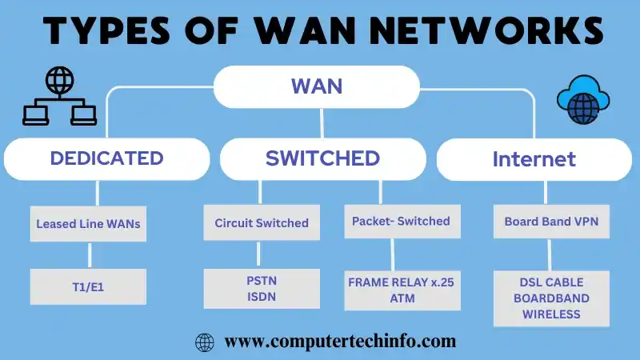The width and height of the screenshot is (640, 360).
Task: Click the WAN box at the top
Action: click(x=316, y=86)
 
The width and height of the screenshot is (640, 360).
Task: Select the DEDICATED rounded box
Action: click(x=106, y=158)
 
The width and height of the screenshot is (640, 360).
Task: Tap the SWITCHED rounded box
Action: click(x=322, y=158)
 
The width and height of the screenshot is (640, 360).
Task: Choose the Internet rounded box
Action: click(x=534, y=159)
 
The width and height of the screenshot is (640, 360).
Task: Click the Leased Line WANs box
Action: click(x=88, y=224)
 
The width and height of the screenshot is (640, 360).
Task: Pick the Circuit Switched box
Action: click(x=262, y=223)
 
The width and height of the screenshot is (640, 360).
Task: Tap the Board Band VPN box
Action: click(x=550, y=222)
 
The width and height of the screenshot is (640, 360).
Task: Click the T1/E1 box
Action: click(x=88, y=285)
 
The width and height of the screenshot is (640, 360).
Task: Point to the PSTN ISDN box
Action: click(x=262, y=289)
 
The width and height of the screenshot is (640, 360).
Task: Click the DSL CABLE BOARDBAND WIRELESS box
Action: click(x=551, y=298)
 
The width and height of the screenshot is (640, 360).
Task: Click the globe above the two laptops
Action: click(x=60, y=81)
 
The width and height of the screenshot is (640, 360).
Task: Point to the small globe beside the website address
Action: click(x=205, y=342)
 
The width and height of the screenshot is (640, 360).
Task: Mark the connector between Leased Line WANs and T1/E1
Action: click(x=89, y=254)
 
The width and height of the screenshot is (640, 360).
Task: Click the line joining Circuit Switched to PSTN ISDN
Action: click(x=258, y=254)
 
